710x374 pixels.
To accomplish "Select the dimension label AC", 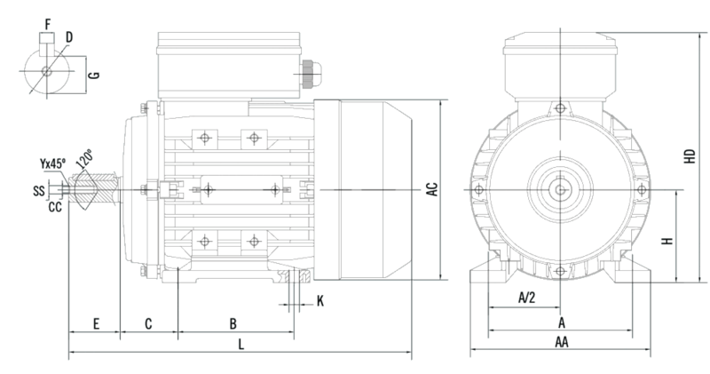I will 431,189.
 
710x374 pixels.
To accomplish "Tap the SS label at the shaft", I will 40,190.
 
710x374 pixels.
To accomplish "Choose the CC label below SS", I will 54,207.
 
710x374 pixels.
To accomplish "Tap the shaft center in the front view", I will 561,189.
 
